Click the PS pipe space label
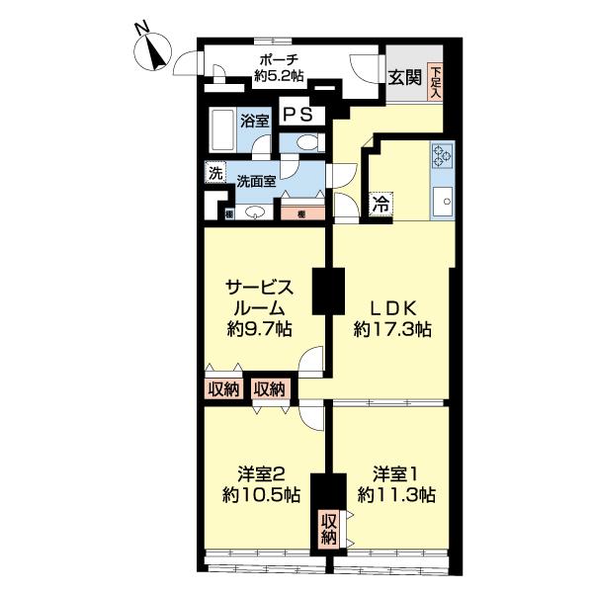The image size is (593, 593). click(x=298, y=114)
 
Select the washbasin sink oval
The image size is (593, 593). click(x=255, y=212)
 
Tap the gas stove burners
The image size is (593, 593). click(x=441, y=155)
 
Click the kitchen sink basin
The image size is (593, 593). click(x=442, y=201)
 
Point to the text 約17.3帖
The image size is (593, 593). click(x=392, y=329)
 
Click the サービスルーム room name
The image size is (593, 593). click(x=261, y=296)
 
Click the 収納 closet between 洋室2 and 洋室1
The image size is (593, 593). click(x=328, y=529)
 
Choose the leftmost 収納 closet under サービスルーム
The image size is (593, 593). click(x=224, y=388)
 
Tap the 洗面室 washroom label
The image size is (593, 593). click(x=256, y=181)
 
